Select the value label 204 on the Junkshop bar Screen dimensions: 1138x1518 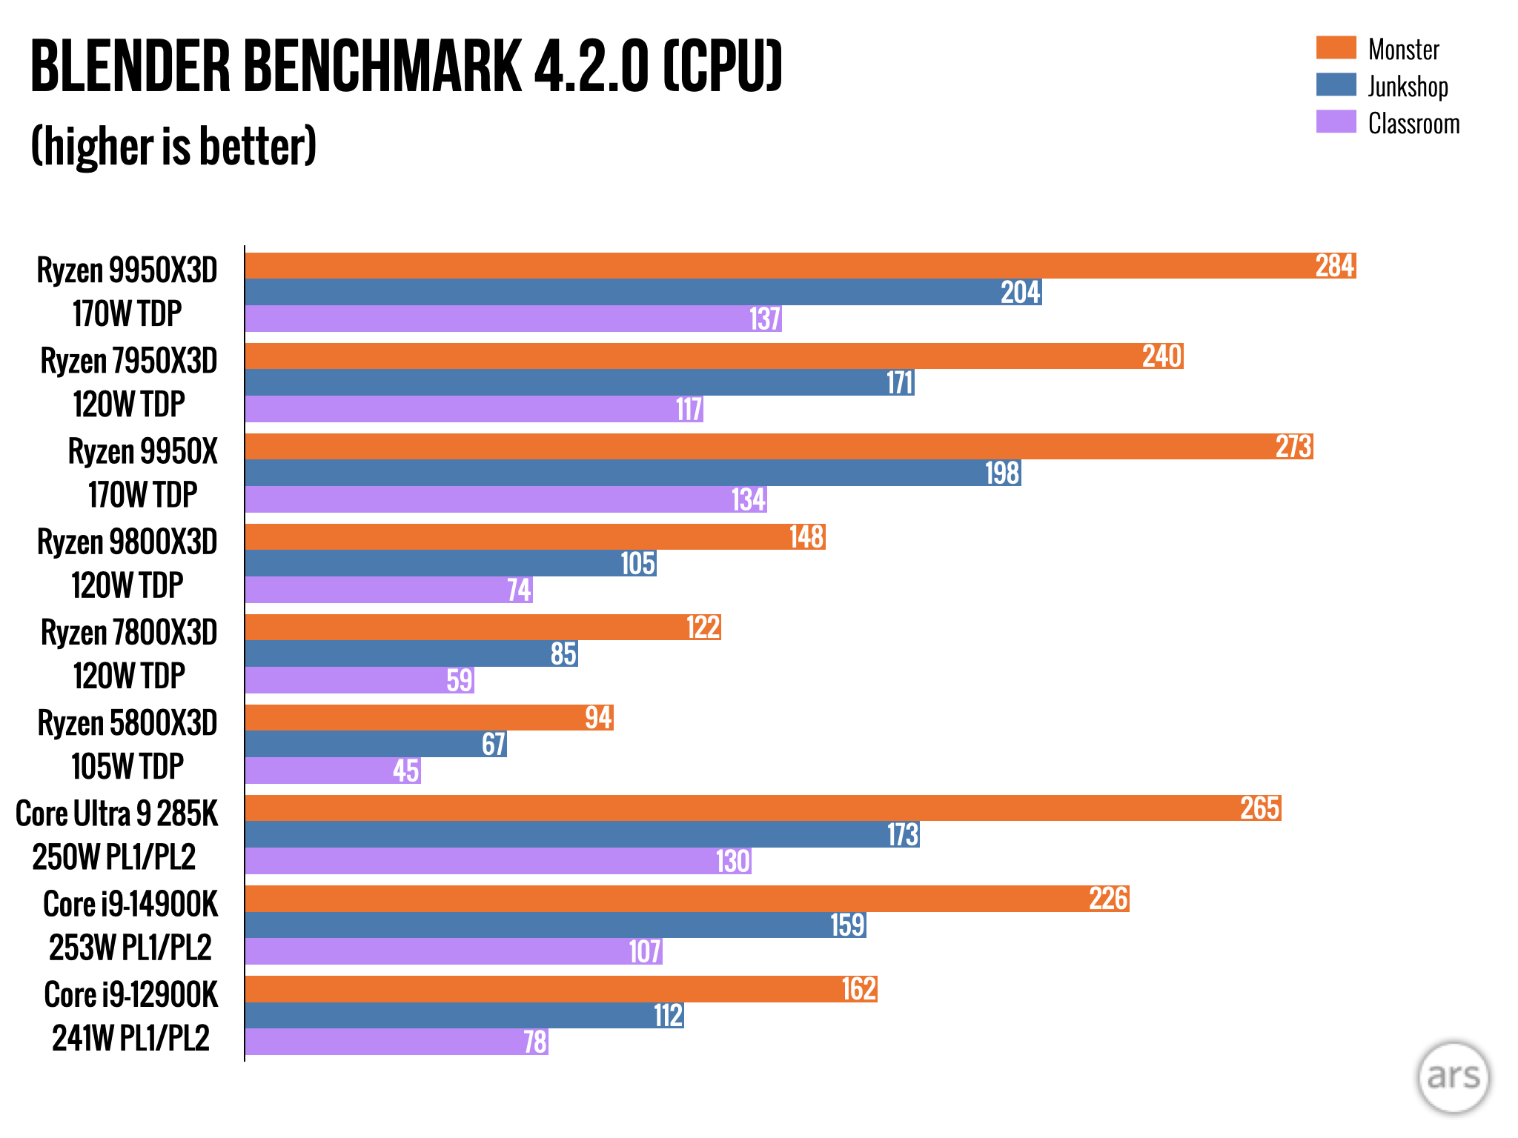point(1021,293)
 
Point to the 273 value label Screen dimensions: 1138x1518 point(1293,447)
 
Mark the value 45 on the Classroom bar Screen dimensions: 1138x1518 point(406,771)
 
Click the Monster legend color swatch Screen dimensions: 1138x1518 point(1336,48)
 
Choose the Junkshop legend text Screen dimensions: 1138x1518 point(1408,87)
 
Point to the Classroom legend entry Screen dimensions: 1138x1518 point(1413,124)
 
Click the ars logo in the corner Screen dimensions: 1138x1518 point(1453,1077)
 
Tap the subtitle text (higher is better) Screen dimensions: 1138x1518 point(174,146)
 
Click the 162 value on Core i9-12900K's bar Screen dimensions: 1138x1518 point(859,989)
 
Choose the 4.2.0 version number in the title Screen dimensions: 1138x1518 point(591,67)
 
